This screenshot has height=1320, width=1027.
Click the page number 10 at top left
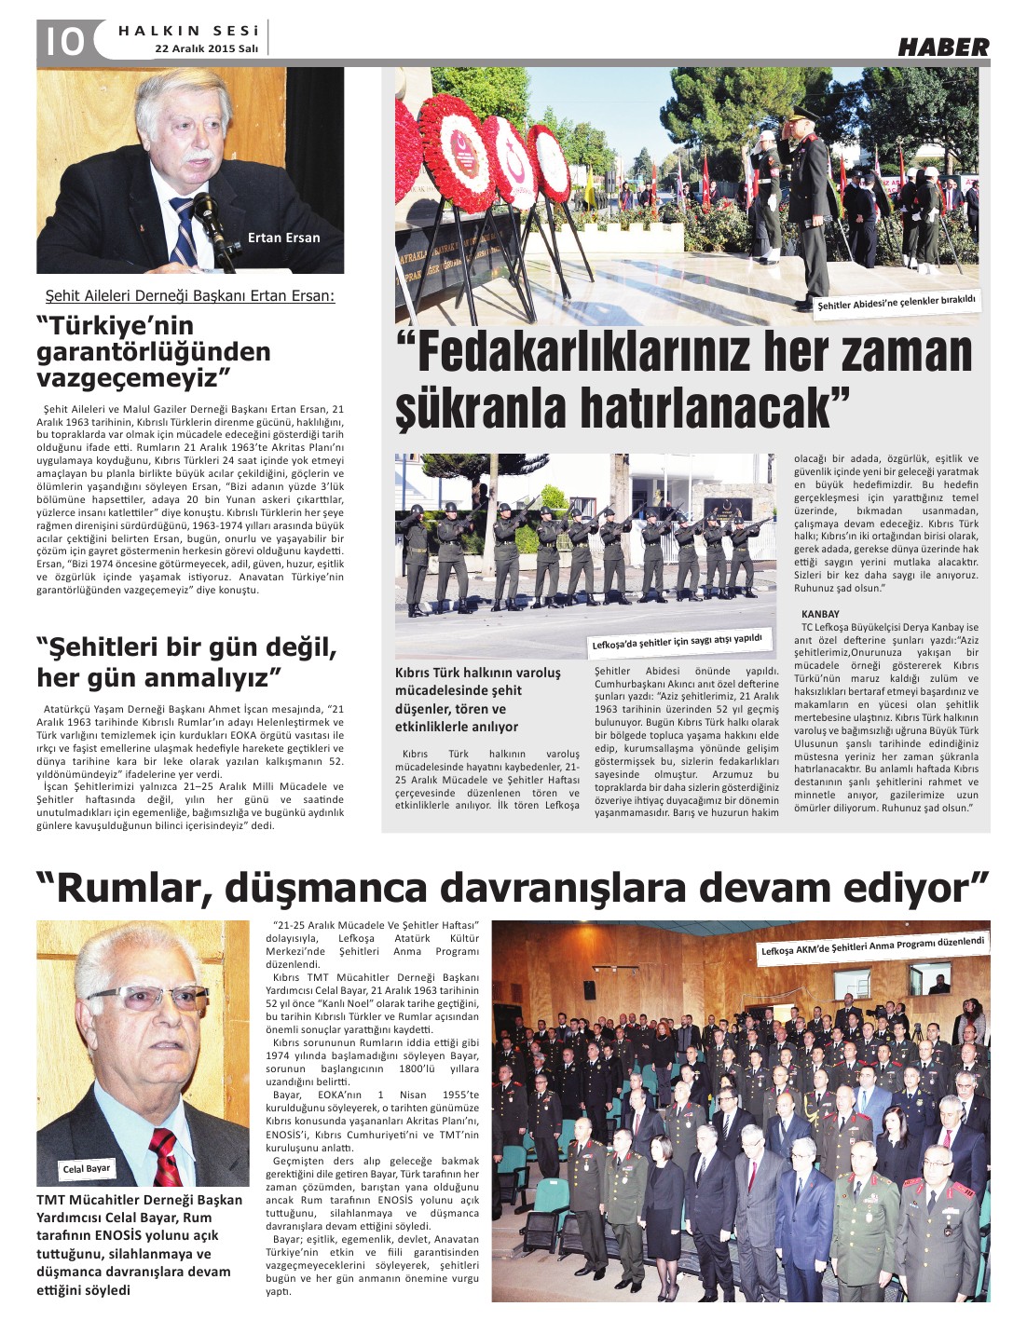coord(61,40)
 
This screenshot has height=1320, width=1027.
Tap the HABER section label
coord(942,47)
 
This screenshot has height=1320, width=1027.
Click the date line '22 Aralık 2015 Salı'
coord(206,48)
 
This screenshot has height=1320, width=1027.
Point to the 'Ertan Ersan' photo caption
coord(283,238)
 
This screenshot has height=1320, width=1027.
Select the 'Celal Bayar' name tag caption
coord(87,1168)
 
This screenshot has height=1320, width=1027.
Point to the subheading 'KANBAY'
coord(820,614)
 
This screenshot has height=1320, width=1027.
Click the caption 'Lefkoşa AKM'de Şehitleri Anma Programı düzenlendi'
coord(872,946)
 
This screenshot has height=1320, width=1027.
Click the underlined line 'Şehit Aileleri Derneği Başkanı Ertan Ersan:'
coord(190,296)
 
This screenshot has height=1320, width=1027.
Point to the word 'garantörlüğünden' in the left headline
coord(153,352)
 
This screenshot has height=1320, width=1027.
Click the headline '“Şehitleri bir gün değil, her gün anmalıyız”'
coord(186,661)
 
